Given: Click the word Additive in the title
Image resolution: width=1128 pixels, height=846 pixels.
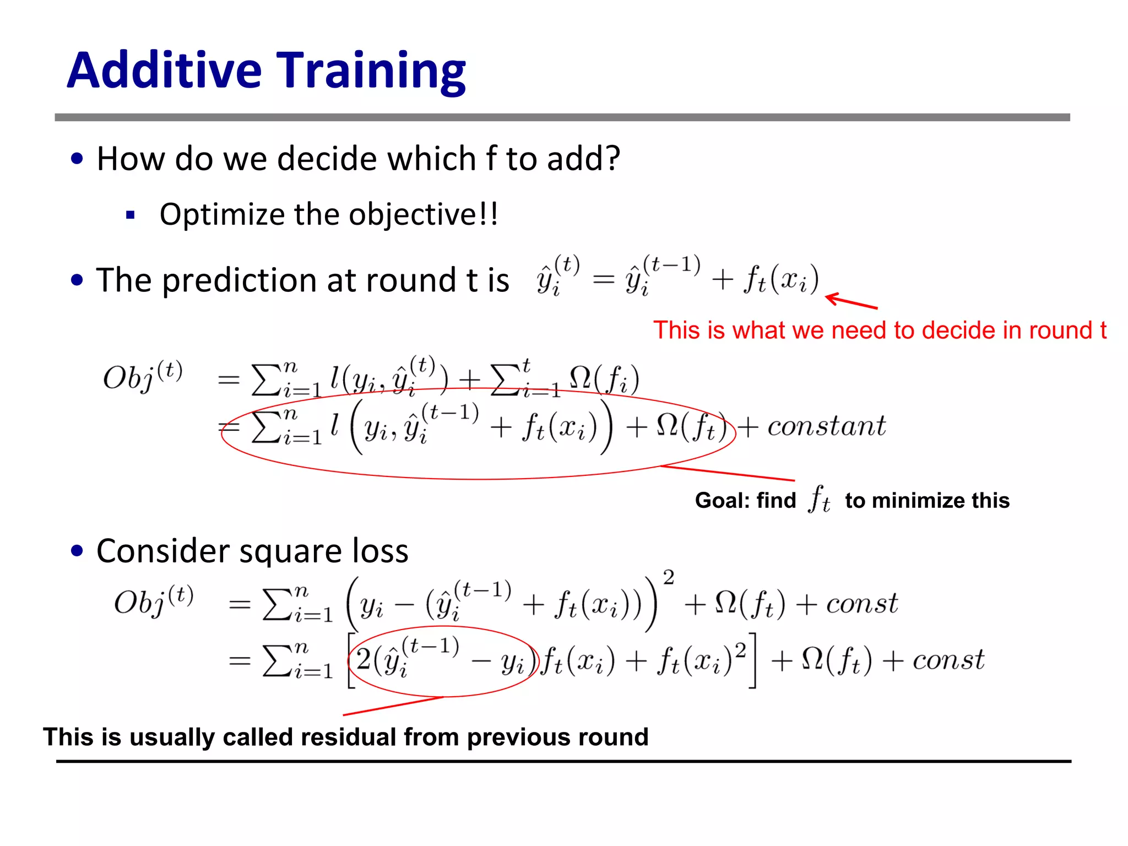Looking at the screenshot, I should (164, 70).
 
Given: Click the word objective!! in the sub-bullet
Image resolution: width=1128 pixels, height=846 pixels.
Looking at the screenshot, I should (424, 215).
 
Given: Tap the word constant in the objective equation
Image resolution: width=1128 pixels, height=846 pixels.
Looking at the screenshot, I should (827, 426).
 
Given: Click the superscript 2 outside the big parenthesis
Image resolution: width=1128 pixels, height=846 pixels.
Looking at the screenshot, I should (668, 578).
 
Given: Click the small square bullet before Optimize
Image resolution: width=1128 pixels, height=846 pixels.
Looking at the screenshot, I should (131, 215).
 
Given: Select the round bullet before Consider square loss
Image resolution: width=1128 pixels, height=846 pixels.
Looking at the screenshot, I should (77, 551).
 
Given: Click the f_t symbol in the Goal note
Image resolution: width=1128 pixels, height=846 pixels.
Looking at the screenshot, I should (819, 499).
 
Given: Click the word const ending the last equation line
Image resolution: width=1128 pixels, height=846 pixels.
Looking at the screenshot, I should (948, 660).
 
